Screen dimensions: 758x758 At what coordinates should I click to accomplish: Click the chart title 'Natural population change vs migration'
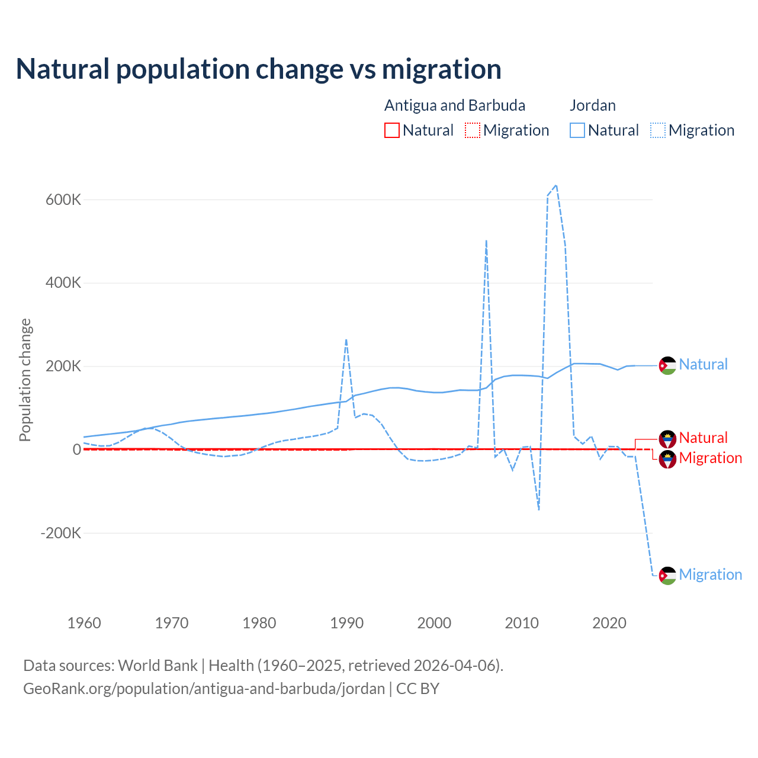(259, 69)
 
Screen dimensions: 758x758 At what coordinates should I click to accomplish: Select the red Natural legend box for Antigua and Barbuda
(392, 130)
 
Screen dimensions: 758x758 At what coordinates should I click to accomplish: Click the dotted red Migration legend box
(473, 130)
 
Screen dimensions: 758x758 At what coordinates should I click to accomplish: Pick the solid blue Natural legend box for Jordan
(577, 130)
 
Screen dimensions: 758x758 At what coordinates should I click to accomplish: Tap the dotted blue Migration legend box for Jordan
(658, 130)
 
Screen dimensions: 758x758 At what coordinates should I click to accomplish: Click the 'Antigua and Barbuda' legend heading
(454, 105)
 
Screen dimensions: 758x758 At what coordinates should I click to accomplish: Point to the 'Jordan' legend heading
(592, 105)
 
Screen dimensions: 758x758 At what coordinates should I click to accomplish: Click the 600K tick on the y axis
(63, 200)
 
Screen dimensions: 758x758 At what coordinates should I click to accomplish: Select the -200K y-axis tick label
(60, 533)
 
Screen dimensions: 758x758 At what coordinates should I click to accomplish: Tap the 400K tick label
(63, 283)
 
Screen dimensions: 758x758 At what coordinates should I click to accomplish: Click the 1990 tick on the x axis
(346, 623)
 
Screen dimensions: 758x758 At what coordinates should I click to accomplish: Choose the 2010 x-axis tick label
(522, 623)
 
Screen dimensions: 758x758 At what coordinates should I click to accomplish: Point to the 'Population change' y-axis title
(25, 380)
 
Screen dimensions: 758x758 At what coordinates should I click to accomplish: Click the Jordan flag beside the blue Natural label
(667, 365)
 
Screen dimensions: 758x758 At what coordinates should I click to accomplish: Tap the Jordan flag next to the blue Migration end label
(667, 575)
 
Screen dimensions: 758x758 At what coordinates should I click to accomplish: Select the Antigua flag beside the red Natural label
(667, 439)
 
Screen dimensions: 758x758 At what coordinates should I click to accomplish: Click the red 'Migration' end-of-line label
(710, 458)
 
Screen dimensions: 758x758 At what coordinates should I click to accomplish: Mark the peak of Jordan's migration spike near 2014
(556, 185)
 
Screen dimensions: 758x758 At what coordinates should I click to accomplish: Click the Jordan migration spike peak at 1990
(346, 339)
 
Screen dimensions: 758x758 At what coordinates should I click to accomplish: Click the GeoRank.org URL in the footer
(204, 689)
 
